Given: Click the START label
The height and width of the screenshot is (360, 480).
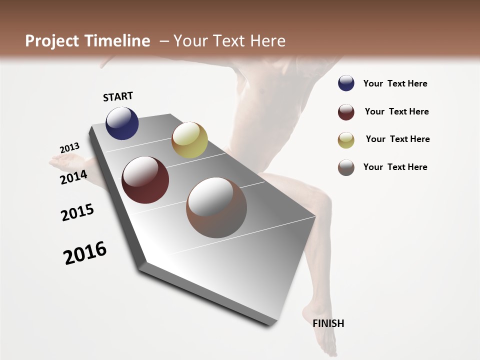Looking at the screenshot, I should [x=118, y=96].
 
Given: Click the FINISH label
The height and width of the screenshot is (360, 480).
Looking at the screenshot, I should [x=328, y=323].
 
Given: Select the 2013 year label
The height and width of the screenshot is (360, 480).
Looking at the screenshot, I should [x=69, y=148].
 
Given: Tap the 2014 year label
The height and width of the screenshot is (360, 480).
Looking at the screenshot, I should [x=73, y=177].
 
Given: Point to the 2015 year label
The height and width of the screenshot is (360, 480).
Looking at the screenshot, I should [x=77, y=212].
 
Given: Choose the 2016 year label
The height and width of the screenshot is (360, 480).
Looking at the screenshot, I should [x=85, y=253].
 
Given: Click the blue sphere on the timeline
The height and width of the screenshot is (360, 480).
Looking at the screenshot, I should [x=122, y=123].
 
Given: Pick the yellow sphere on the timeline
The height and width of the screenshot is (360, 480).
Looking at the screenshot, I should [x=189, y=140].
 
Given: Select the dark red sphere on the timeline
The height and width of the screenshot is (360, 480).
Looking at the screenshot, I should [x=145, y=180].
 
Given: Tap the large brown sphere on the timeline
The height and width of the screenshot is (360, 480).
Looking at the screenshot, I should [x=216, y=207].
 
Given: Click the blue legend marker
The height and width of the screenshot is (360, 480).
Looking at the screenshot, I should [x=346, y=83].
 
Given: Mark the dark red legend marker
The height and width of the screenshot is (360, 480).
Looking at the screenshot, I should [x=346, y=111].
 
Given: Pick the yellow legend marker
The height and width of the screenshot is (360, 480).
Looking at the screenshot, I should [x=346, y=139].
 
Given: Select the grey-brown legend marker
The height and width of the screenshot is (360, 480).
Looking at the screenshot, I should [x=346, y=167].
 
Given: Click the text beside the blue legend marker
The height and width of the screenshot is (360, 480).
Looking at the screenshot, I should [x=395, y=83].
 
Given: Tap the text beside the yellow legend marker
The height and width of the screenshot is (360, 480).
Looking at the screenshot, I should [x=397, y=139].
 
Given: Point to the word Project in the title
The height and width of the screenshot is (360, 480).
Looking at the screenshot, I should [x=52, y=41].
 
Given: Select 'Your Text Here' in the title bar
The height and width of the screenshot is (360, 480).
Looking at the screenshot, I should [x=229, y=41].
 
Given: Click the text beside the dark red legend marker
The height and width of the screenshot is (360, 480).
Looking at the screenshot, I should [x=396, y=111].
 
